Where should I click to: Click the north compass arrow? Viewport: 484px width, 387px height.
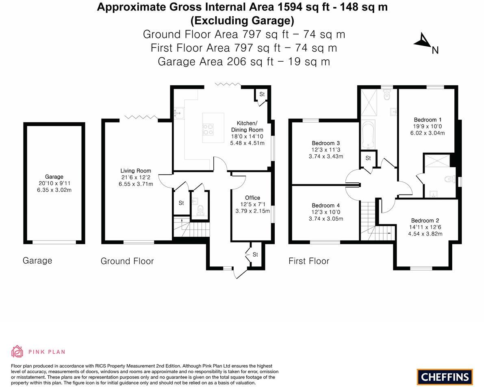[x=423, y=41]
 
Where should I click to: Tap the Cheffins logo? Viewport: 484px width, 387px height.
[x=445, y=377]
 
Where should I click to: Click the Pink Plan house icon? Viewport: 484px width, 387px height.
[x=17, y=351]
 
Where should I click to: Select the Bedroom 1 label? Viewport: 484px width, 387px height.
[x=428, y=119]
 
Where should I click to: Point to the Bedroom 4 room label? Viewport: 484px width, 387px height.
[x=326, y=205]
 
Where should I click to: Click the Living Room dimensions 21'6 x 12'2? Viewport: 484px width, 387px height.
[x=135, y=177]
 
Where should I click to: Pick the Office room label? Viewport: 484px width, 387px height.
[x=252, y=198]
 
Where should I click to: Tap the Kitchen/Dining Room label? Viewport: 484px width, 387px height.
[x=247, y=126]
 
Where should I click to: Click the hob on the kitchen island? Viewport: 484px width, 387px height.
[x=208, y=128]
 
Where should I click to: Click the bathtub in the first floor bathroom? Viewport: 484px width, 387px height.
[x=368, y=134]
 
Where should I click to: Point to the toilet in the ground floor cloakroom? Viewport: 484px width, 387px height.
[x=200, y=210]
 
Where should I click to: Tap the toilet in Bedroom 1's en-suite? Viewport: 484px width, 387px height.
[x=449, y=179]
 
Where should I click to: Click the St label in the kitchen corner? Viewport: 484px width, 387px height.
[x=262, y=94]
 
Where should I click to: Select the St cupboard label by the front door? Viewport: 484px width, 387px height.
[x=255, y=255]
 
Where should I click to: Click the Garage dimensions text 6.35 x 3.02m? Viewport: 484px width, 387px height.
[x=54, y=190]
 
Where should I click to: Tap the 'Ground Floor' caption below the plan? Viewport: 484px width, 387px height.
[x=127, y=261]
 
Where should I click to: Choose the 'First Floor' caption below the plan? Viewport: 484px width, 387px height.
[x=309, y=261]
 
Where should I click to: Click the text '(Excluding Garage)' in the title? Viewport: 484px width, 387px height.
[x=242, y=20]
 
